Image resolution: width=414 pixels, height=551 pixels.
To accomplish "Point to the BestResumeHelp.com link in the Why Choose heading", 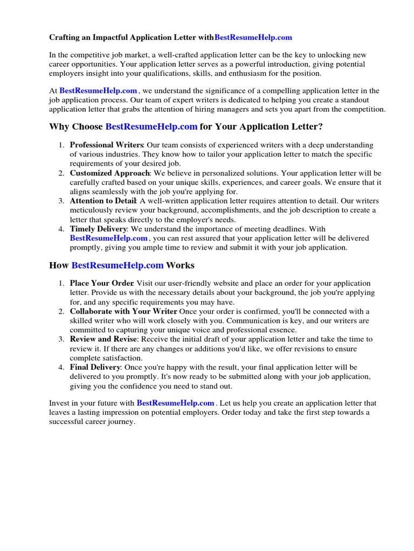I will (151, 127).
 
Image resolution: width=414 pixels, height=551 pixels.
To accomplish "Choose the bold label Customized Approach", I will (109, 173).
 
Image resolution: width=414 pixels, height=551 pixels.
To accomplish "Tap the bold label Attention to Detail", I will (103, 201).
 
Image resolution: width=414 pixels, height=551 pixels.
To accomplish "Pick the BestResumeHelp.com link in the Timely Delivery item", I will (108, 238).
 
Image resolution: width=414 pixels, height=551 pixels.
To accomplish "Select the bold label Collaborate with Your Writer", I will (123, 312).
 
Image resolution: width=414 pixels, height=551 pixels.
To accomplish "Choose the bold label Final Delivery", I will (95, 368).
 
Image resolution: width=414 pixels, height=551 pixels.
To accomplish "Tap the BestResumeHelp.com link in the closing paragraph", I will (176, 403).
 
